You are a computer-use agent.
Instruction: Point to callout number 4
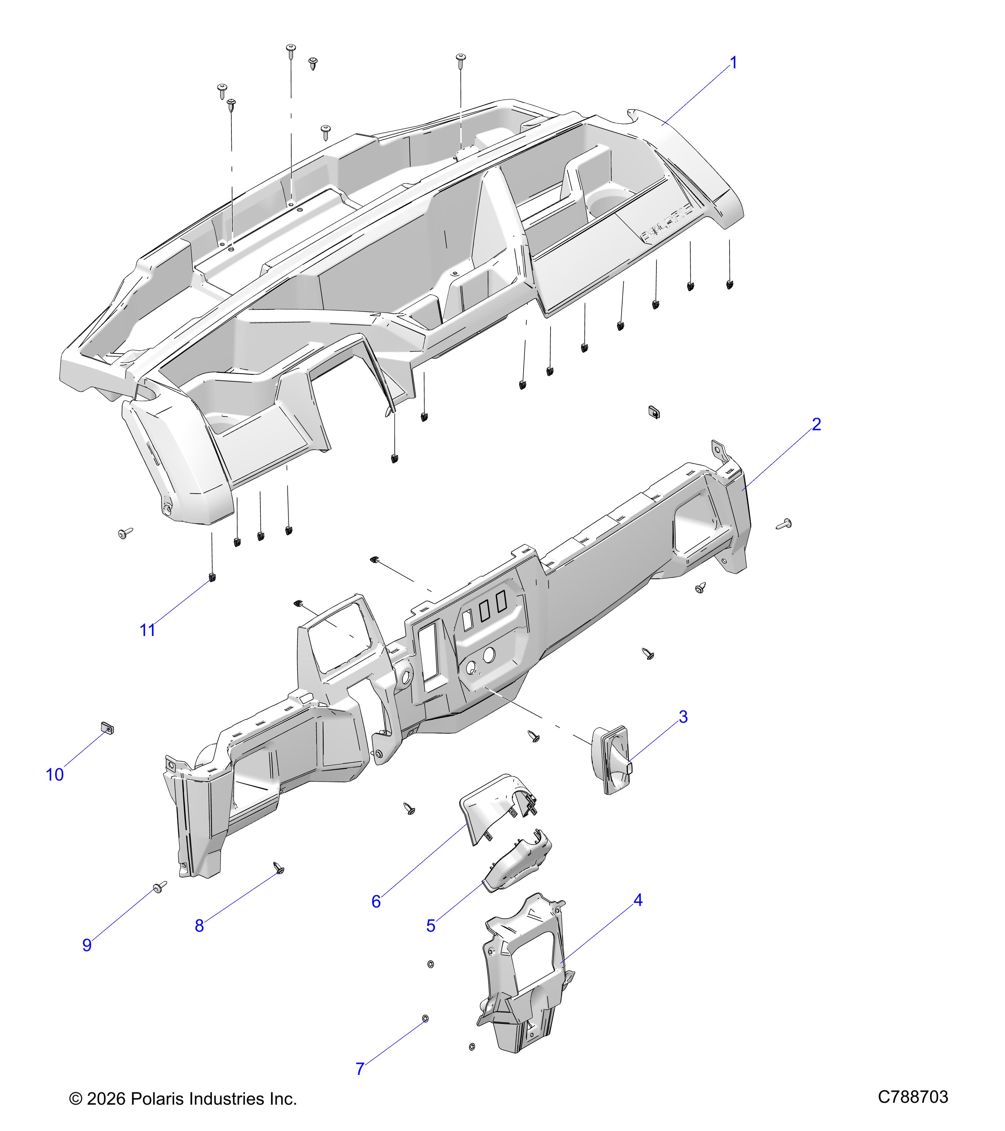coord(638,900)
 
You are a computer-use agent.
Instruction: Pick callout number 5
coord(431,926)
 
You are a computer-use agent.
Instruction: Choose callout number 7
coord(360,1069)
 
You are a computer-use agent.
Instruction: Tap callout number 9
coord(87,945)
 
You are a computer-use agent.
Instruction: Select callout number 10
coord(55,775)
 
